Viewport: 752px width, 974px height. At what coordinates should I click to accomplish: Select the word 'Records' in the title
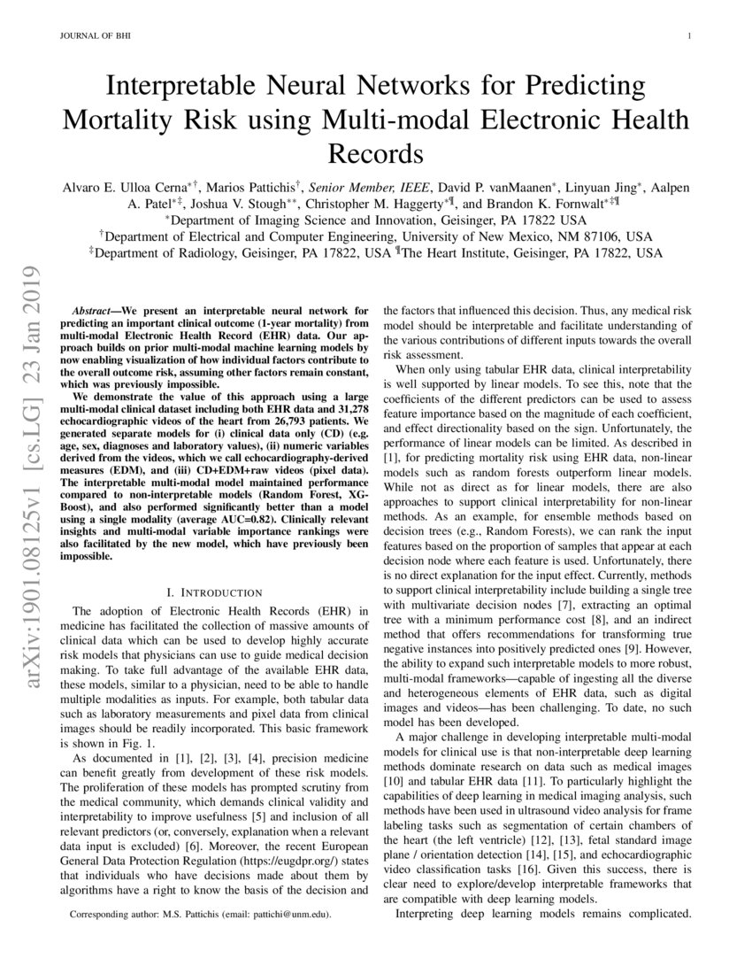pyautogui.click(x=376, y=153)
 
